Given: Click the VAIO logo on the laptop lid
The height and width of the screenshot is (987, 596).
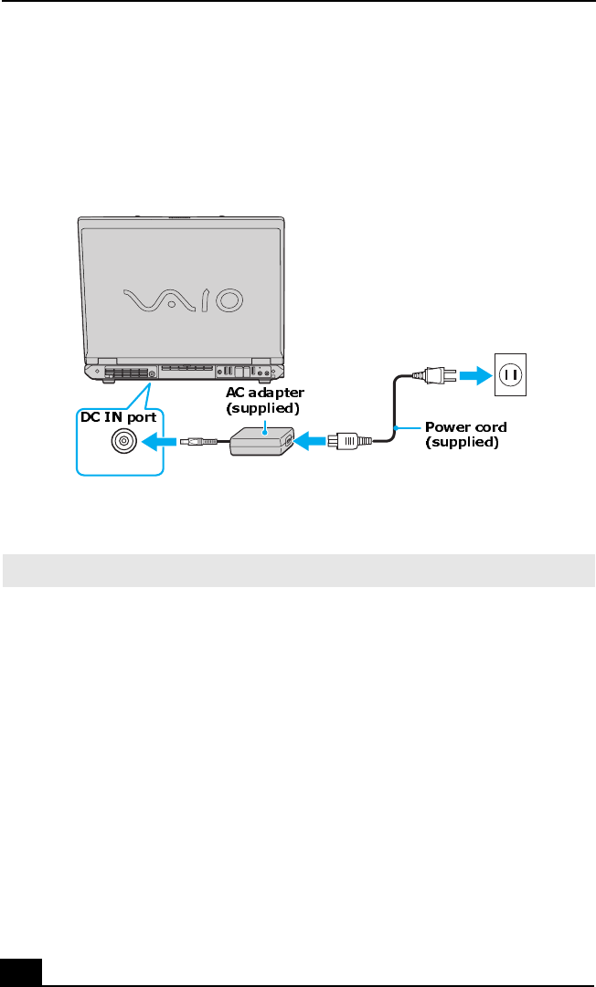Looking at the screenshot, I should [182, 299].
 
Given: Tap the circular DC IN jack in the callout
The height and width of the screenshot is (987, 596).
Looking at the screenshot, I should [121, 441].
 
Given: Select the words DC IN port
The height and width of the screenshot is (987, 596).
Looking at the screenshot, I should [116, 416].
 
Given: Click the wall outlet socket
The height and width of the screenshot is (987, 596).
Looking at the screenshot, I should [512, 374].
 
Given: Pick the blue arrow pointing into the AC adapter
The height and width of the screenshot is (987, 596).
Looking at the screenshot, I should [311, 441].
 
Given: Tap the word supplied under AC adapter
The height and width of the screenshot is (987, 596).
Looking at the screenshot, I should [265, 410].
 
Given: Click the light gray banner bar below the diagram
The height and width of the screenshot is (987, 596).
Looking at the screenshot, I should [298, 570].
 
